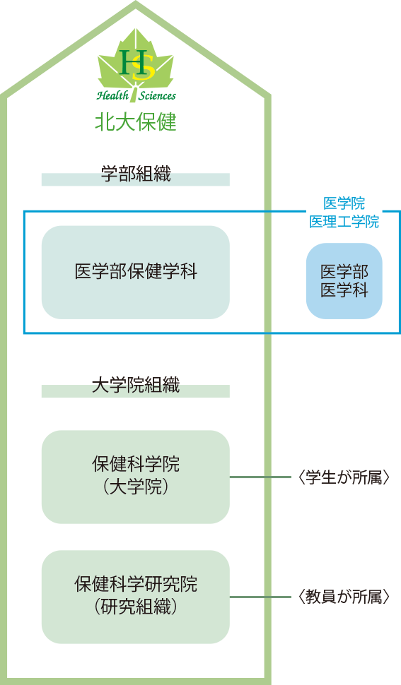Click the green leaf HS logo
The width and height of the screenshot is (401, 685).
click(136, 65)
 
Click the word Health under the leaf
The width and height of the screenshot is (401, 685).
click(113, 95)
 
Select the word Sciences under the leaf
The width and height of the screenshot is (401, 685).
click(158, 95)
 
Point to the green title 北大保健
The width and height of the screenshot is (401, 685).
click(136, 121)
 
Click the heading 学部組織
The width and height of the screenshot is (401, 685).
click(136, 174)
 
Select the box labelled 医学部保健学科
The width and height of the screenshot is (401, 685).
click(136, 272)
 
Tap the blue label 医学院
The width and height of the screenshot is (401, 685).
click(344, 203)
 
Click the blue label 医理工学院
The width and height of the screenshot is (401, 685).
click(344, 222)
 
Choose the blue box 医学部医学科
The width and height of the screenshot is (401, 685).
click(344, 281)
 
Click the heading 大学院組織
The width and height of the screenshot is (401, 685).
click(136, 386)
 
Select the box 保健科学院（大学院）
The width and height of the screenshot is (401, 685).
click(136, 477)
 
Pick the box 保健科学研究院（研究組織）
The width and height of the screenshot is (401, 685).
click(136, 597)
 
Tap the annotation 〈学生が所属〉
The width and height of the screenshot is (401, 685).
click(344, 477)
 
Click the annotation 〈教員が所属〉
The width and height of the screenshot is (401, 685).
click(344, 597)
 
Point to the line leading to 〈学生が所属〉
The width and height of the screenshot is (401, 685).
click(261, 477)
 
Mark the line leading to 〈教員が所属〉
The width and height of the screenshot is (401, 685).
click(261, 597)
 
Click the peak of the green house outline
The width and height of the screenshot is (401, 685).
click(136, 3)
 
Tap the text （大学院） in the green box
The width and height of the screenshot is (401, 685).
click(136, 487)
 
